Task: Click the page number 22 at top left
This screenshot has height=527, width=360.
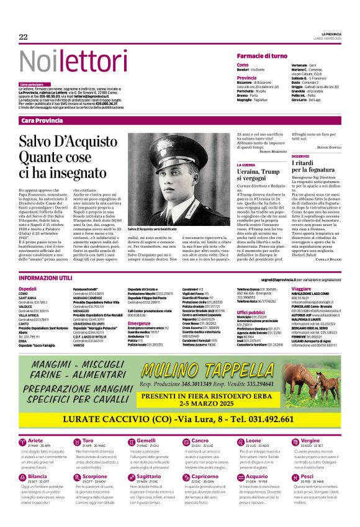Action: [24, 37]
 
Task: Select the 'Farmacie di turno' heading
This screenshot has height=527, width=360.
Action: [262, 56]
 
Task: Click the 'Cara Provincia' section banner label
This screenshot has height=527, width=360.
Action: [42, 120]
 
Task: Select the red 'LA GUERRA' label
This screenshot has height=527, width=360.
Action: [246, 164]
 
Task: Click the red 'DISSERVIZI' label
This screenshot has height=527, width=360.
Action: [300, 156]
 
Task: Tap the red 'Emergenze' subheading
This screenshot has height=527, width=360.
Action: [139, 323]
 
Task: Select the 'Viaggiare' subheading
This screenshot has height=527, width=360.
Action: [301, 289]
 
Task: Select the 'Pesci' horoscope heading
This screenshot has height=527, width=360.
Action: [307, 477]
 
